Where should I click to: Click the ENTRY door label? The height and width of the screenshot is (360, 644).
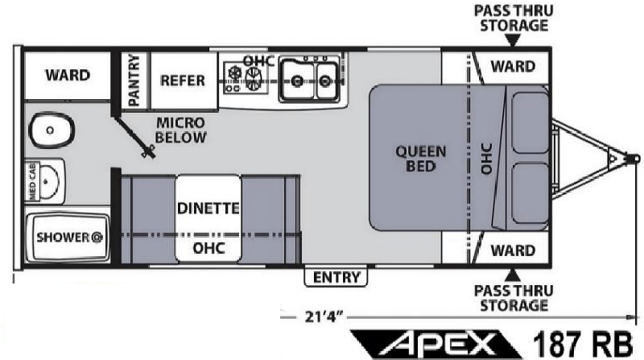336,277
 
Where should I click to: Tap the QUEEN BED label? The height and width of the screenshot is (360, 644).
420,159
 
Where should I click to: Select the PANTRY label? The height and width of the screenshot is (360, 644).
134,80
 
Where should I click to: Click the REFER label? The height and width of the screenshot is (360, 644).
183,81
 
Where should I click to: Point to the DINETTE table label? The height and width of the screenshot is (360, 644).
208,209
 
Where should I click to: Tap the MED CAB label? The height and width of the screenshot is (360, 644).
32,181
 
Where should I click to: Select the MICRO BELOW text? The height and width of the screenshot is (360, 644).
180,130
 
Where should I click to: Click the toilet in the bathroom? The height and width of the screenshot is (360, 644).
52,130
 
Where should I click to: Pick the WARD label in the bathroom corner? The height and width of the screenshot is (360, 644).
68,75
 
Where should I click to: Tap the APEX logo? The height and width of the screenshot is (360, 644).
436,345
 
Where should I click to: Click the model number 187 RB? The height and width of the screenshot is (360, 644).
583,344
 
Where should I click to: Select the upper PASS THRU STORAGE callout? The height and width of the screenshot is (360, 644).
514,18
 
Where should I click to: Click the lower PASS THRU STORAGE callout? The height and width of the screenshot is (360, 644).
514,298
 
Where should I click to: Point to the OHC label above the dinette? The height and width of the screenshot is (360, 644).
209,248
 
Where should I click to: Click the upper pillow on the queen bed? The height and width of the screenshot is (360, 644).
530,122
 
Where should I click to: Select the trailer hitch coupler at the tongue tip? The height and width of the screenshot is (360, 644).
632,159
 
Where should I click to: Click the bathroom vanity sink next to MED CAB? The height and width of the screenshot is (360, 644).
49,181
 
